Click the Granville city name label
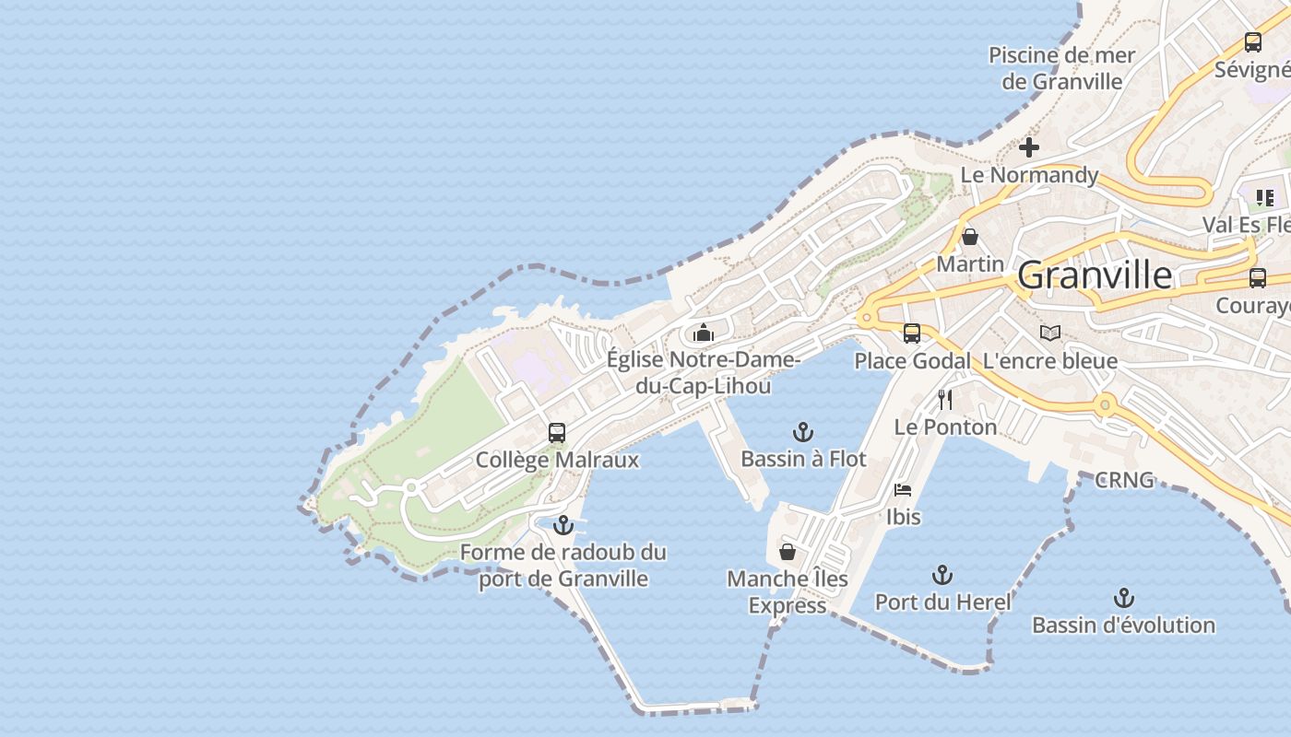[1095, 275]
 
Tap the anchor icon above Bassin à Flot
[803, 431]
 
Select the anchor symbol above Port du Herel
[942, 575]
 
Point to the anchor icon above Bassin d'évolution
[1123, 598]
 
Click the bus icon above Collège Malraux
[556, 432]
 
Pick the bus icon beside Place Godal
[911, 333]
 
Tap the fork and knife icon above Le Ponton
[944, 399]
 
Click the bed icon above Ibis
[903, 489]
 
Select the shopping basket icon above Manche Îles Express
[788, 552]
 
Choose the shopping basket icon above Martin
[969, 237]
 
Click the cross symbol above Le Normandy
[1029, 146]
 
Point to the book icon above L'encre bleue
[1049, 333]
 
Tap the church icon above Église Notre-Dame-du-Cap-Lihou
[704, 332]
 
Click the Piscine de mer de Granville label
[1061, 68]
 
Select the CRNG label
[1124, 480]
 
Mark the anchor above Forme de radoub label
[563, 525]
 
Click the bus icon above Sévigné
[1252, 41]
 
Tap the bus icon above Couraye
[1257, 277]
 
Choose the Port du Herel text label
[942, 602]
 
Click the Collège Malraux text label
[557, 460]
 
